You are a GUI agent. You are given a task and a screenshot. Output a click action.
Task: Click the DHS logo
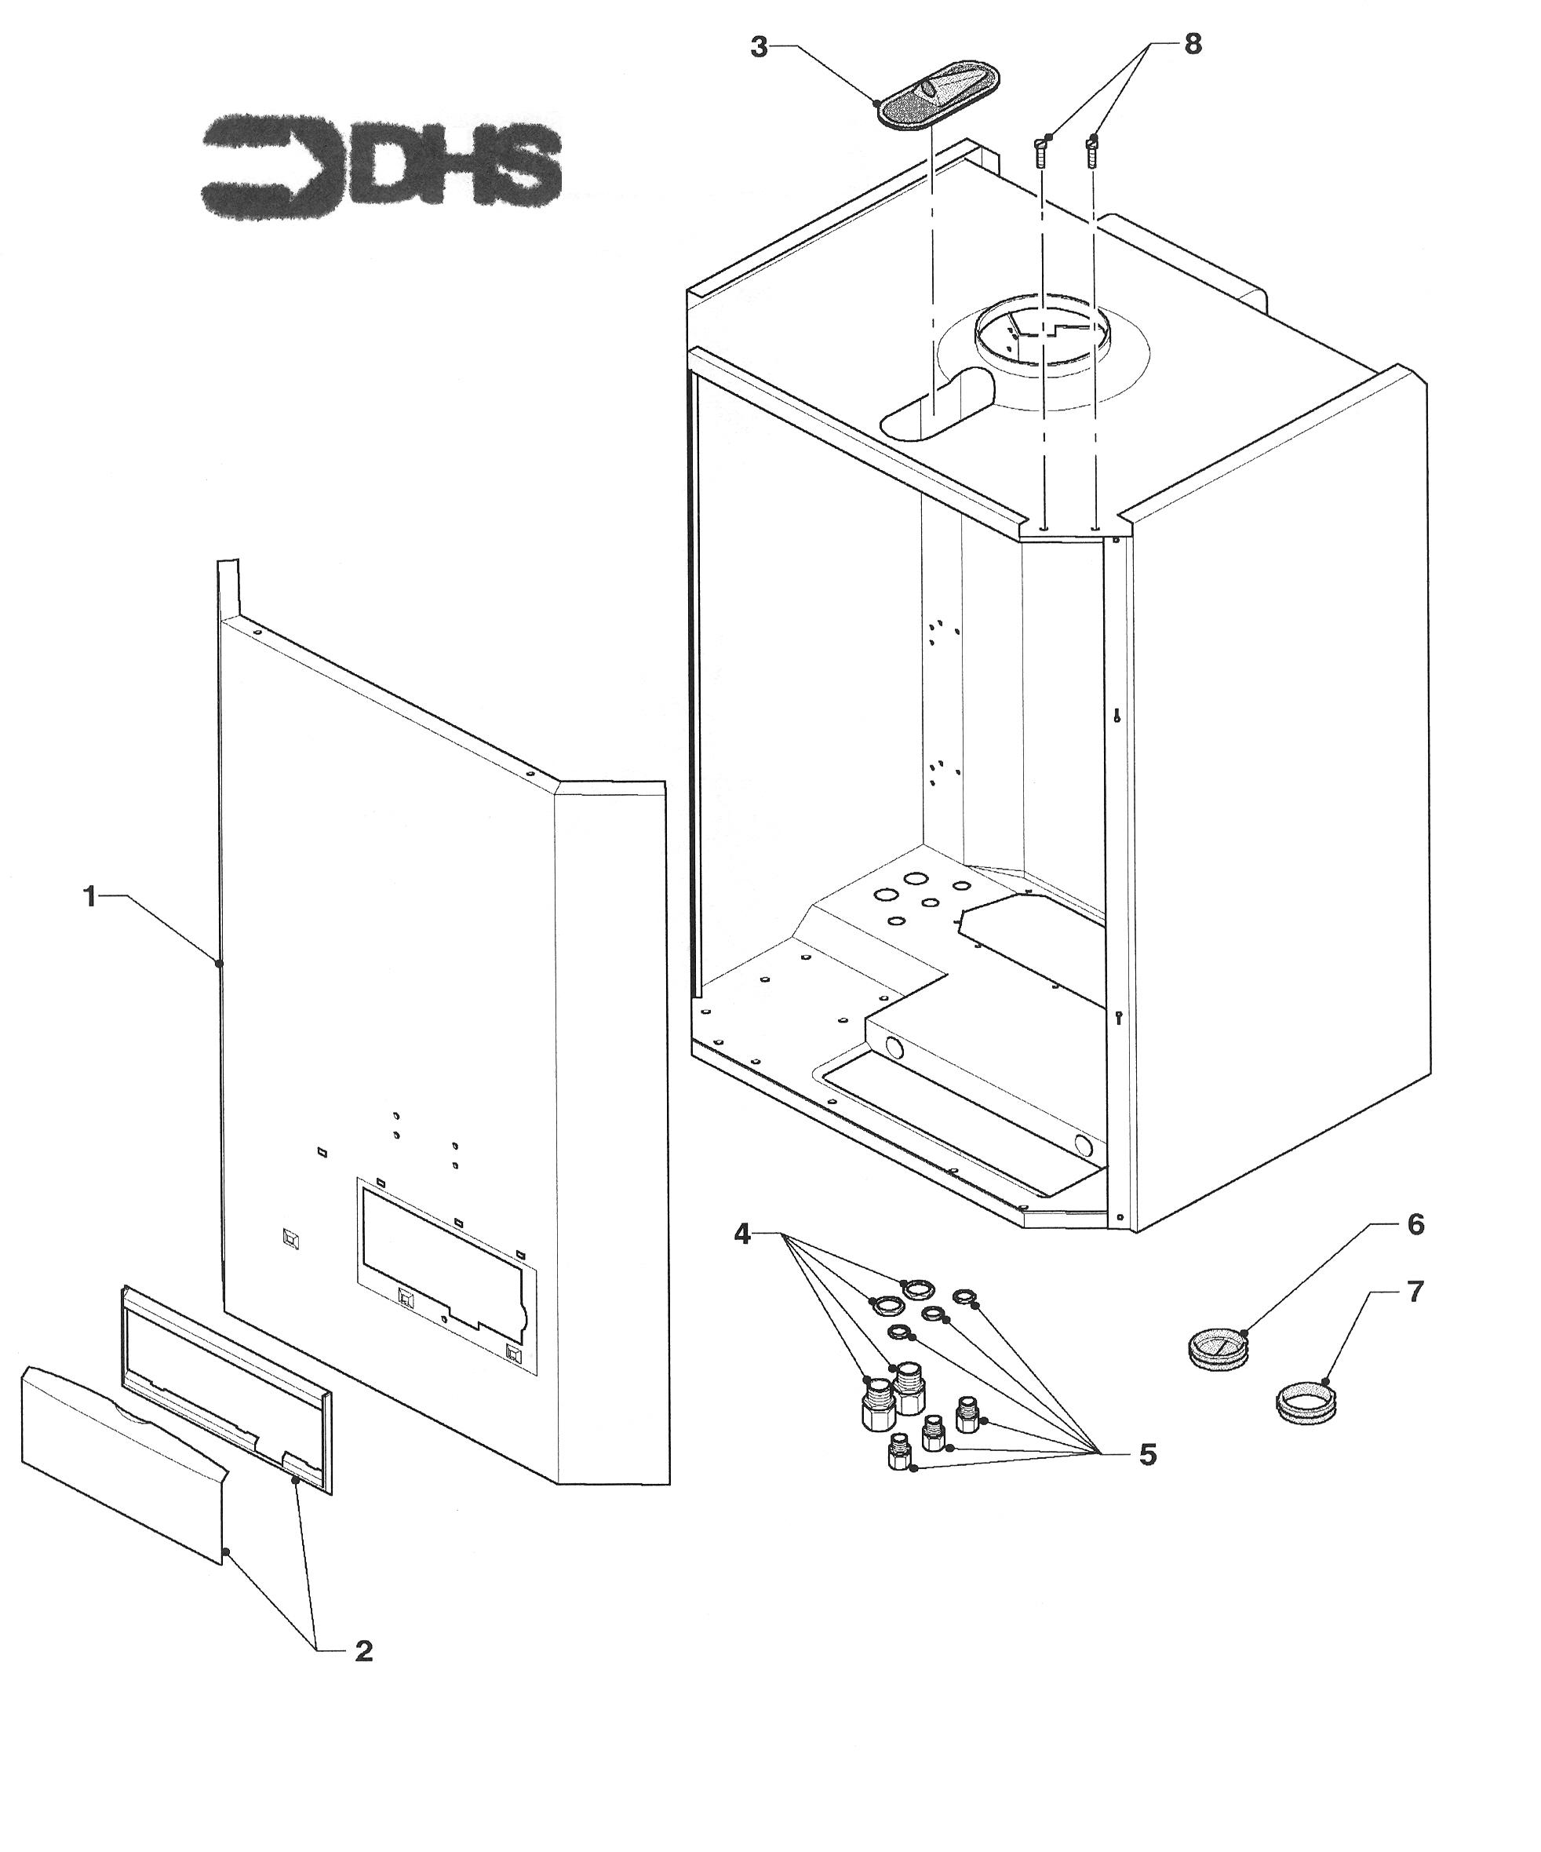pyautogui.click(x=381, y=169)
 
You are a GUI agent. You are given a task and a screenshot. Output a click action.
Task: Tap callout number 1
pyautogui.click(x=89, y=897)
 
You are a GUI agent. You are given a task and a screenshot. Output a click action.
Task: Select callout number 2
pyautogui.click(x=363, y=1651)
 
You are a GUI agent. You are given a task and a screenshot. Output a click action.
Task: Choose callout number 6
pyautogui.click(x=1415, y=1225)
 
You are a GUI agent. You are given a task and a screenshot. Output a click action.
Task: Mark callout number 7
pyautogui.click(x=1415, y=1292)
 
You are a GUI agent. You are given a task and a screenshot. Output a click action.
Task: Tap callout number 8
pyautogui.click(x=1193, y=44)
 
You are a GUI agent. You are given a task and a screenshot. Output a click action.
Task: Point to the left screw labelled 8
pyautogui.click(x=1042, y=152)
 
